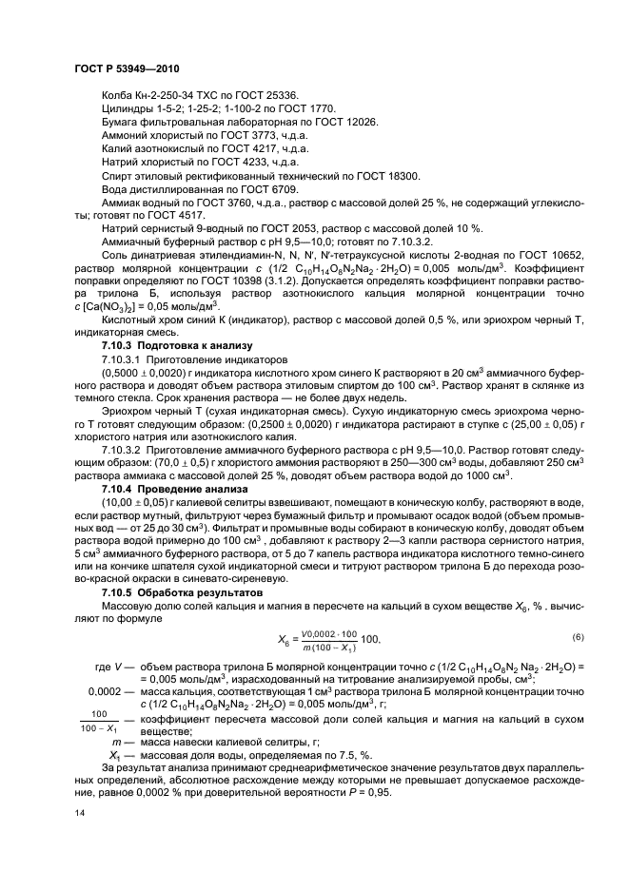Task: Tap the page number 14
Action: [x=81, y=814]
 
